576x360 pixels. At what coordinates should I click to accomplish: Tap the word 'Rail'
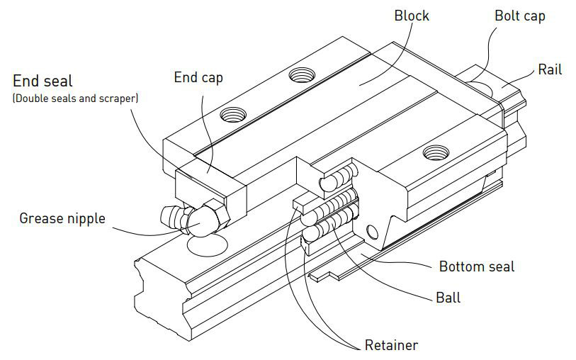[550, 69]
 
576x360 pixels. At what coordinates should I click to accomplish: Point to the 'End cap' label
[198, 77]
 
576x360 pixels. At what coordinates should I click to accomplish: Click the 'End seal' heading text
[43, 81]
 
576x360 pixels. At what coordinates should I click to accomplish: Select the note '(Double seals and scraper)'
[75, 99]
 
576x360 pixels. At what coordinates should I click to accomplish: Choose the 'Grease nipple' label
[62, 218]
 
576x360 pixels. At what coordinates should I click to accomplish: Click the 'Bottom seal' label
[476, 266]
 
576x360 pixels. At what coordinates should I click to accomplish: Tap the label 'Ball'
[447, 297]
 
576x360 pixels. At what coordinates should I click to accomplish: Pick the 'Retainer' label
[391, 345]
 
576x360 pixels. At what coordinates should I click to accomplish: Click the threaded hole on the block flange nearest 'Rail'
[431, 151]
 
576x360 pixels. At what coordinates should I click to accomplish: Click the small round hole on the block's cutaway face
[371, 229]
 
